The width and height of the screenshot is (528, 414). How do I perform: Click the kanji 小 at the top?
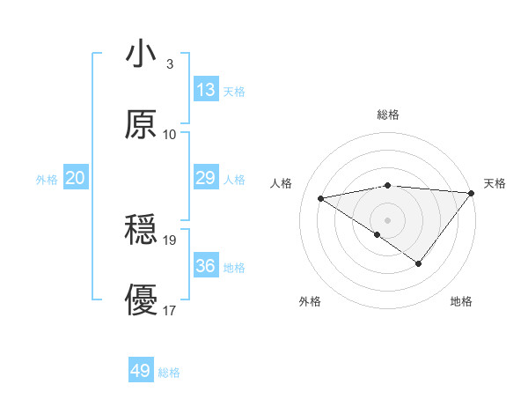tap(141, 54)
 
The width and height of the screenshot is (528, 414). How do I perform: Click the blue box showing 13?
tap(206, 90)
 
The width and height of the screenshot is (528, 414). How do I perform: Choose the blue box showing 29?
tap(206, 178)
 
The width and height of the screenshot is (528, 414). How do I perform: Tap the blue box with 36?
tap(206, 266)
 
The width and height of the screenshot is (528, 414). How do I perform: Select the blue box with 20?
tap(75, 178)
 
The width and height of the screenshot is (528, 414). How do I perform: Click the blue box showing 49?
tap(141, 371)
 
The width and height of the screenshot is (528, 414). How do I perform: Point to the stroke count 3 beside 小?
tap(170, 64)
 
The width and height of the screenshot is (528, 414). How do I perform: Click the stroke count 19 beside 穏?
tap(170, 240)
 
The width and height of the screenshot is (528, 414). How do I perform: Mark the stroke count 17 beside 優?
tap(170, 310)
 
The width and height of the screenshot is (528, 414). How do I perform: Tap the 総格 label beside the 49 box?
tap(170, 373)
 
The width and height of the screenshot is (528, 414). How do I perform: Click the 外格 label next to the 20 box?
tap(47, 180)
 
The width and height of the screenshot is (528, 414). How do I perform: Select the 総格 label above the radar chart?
tap(388, 115)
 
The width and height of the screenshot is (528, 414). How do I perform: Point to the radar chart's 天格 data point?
tap(472, 193)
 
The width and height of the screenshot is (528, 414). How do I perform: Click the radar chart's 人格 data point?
tap(321, 197)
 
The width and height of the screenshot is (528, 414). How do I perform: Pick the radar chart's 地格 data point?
tap(419, 263)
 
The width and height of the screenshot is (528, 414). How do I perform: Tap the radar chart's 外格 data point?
tap(378, 234)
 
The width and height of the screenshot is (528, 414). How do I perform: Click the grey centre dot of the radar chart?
tap(388, 219)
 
